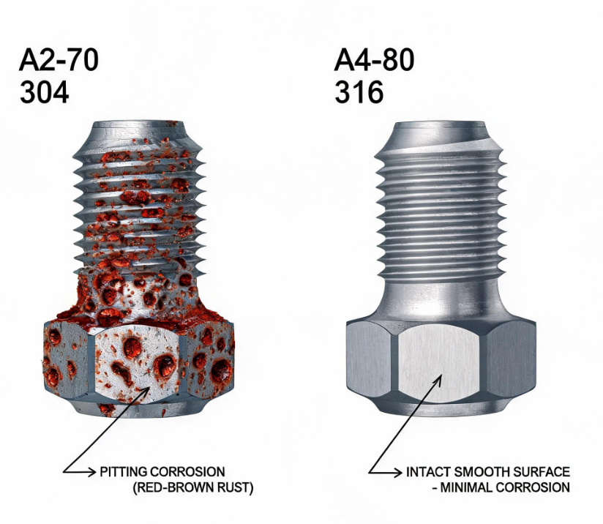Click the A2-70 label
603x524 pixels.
59,59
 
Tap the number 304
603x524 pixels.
44,92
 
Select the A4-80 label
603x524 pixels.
374,59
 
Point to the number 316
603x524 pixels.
359,92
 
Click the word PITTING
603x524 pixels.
124,472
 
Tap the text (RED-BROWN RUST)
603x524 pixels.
193,487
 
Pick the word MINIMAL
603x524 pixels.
465,487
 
